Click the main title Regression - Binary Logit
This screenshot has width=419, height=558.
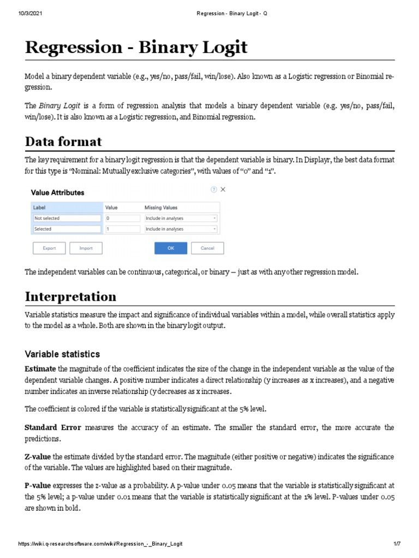[136, 47]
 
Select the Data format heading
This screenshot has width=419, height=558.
[63, 141]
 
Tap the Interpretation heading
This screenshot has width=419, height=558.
[70, 296]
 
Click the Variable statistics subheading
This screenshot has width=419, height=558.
[62, 354]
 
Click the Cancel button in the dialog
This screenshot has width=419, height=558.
[207, 248]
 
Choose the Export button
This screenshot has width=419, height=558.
[49, 248]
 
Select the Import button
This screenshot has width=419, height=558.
[86, 248]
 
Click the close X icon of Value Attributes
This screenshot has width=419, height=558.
[223, 190]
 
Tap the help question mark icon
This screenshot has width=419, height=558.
[213, 190]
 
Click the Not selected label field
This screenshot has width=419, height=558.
[67, 218]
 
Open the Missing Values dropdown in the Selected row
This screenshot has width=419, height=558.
[180, 229]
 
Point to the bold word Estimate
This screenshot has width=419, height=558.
[40, 369]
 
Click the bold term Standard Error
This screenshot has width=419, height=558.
[53, 428]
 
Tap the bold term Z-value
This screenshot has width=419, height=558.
[38, 456]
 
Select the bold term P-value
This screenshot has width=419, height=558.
[38, 485]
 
